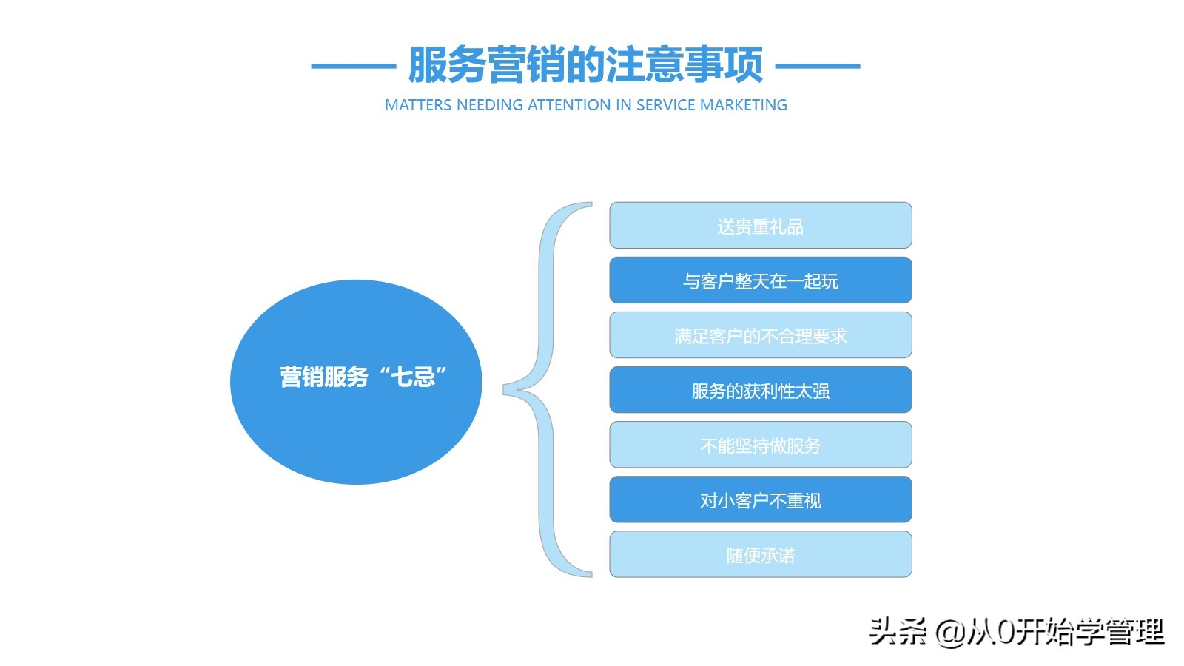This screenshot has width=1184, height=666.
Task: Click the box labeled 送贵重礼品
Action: point(760,226)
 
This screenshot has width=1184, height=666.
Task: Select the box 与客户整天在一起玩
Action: point(760,280)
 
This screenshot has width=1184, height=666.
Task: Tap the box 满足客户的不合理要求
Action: point(760,335)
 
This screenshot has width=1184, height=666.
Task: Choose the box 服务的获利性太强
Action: point(760,390)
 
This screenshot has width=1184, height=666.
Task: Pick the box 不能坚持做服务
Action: point(760,445)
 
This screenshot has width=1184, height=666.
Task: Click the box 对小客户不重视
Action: point(760,499)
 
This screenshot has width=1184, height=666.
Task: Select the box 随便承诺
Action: point(760,554)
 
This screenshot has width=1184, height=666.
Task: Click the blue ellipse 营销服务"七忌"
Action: point(356,382)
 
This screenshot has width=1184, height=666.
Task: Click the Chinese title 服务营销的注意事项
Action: point(585,65)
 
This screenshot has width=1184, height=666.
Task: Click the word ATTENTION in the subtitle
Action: point(569,105)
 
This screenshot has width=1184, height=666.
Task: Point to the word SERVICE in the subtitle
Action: point(665,105)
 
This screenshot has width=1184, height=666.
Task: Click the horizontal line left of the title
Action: point(353,66)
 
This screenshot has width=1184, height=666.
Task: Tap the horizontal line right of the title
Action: point(817,66)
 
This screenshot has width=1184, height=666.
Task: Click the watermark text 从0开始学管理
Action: point(1066,631)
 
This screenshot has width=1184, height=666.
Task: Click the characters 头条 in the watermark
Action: point(898,631)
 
